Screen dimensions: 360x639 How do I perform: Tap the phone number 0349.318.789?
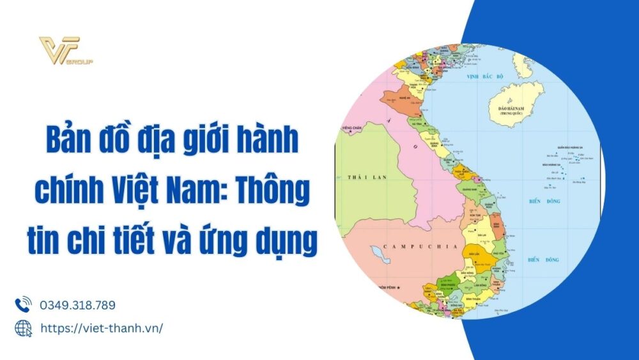pos(77,305)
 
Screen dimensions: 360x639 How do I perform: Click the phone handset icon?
pos(23,304)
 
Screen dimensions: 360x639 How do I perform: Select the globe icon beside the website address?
pos(23,327)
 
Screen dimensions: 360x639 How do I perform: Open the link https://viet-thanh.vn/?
pos(102,327)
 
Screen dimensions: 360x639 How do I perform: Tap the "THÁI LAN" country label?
pos(362,176)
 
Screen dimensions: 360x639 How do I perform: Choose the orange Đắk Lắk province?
pos(474,251)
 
